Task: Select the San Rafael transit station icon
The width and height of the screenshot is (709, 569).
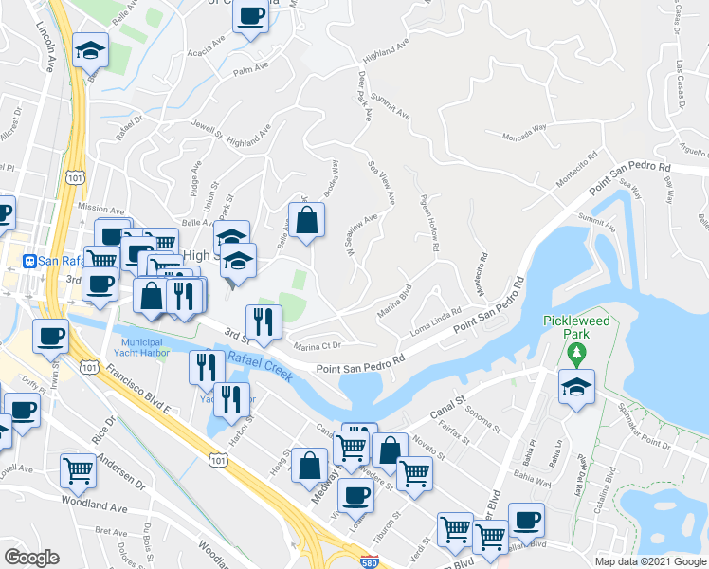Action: pyautogui.click(x=30, y=261)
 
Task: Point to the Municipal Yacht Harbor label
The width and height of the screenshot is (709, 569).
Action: pyautogui.click(x=144, y=347)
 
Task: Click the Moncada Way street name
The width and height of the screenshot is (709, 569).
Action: pyautogui.click(x=525, y=138)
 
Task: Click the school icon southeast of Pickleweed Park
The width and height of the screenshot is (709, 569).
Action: pyautogui.click(x=576, y=388)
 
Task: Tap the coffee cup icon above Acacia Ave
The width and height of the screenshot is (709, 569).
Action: pyautogui.click(x=250, y=17)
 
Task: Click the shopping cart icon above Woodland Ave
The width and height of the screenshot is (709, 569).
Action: pyautogui.click(x=78, y=469)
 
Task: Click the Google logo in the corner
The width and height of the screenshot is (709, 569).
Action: pyautogui.click(x=31, y=558)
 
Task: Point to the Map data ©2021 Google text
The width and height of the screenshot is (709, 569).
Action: pyautogui.click(x=649, y=561)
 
